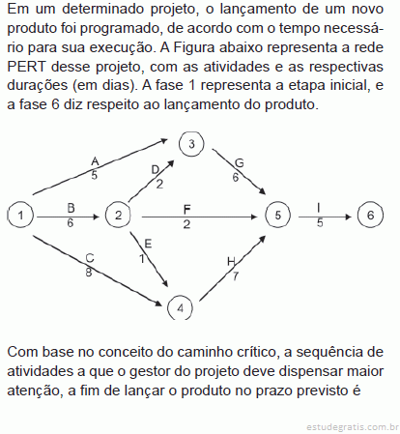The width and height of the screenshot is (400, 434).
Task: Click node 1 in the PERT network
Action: [20, 215]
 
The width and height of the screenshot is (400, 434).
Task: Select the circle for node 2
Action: [118, 215]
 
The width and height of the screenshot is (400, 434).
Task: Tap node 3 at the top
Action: [191, 144]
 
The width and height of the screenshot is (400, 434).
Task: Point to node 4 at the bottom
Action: [180, 308]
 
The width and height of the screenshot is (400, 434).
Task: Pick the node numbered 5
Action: [277, 215]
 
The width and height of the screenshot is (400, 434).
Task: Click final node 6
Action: [370, 215]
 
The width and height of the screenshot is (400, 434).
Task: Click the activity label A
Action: [95, 161]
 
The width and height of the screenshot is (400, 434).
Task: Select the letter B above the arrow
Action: [71, 208]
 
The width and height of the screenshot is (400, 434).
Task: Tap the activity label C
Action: [90, 258]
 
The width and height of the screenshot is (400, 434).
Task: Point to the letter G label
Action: [240, 163]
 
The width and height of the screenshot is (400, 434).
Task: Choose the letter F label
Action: [186, 210]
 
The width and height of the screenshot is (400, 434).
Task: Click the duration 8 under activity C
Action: [89, 273]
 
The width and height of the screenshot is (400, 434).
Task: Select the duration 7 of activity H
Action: [236, 276]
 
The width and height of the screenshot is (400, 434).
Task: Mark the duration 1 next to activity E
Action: [142, 258]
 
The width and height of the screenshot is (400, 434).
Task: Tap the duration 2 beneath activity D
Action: [159, 185]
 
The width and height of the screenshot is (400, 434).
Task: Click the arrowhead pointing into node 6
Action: [348, 217]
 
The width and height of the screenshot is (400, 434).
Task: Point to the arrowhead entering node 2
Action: [96, 217]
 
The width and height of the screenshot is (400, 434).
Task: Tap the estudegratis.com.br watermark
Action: [353, 427]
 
